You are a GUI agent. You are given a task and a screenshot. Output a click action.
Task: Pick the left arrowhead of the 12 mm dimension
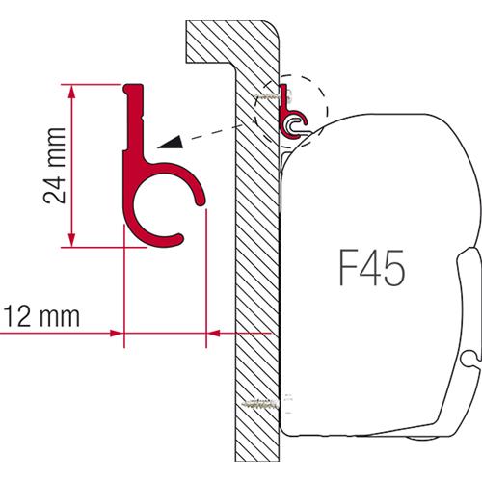[x=117, y=335]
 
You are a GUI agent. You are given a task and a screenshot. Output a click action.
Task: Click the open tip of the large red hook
[x=201, y=201]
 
